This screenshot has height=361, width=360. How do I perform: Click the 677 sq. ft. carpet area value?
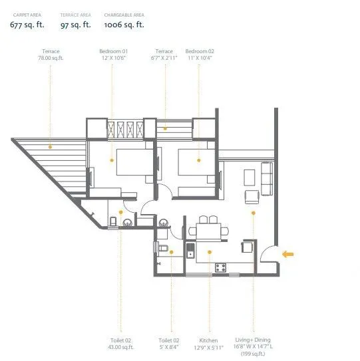pos(26,25)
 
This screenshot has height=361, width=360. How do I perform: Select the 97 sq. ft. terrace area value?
pos(75,25)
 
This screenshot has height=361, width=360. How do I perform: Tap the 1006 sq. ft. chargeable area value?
pos(124,25)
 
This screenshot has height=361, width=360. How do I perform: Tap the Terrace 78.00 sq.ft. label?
pos(51,55)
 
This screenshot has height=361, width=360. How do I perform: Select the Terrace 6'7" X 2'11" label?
pos(164,55)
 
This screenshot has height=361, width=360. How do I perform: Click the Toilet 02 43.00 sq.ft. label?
pos(122,342)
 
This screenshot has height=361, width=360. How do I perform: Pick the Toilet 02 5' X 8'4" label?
pos(170,342)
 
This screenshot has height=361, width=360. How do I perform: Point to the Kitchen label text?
pos(209,342)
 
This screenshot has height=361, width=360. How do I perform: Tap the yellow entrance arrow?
pos(288,253)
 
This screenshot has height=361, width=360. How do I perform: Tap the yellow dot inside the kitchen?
pos(209,251)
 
